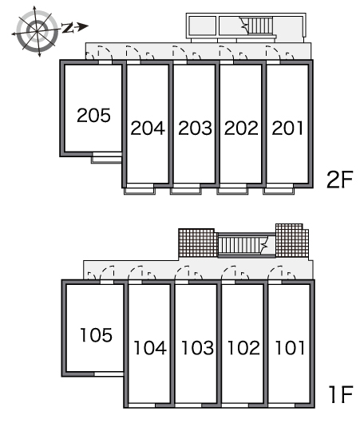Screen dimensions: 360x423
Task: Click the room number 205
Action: tap(93, 115)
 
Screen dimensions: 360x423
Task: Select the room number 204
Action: tap(148, 128)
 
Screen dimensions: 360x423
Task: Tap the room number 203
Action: tap(195, 128)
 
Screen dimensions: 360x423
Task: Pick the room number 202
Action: tap(241, 128)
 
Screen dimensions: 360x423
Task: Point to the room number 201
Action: tap(287, 128)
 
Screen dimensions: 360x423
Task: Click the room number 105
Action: tap(96, 335)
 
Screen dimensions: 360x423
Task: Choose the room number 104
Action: tap(150, 347)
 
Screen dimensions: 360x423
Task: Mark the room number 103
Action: tap(197, 347)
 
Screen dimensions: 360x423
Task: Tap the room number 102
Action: tap(243, 347)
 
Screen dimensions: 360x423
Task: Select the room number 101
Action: tap(290, 347)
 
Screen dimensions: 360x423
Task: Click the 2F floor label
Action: tap(340, 180)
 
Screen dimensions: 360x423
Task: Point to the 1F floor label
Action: tap(341, 394)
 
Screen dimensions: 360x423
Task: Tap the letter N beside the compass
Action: tap(68, 28)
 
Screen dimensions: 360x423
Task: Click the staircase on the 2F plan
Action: tap(259, 26)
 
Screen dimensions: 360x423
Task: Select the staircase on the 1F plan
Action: tap(243, 245)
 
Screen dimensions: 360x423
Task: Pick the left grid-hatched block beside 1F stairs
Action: tap(197, 243)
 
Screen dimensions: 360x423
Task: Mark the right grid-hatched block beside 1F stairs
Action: tap(291, 240)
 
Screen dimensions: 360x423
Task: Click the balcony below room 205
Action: tap(106, 158)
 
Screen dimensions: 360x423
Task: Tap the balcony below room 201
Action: tap(279, 189)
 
